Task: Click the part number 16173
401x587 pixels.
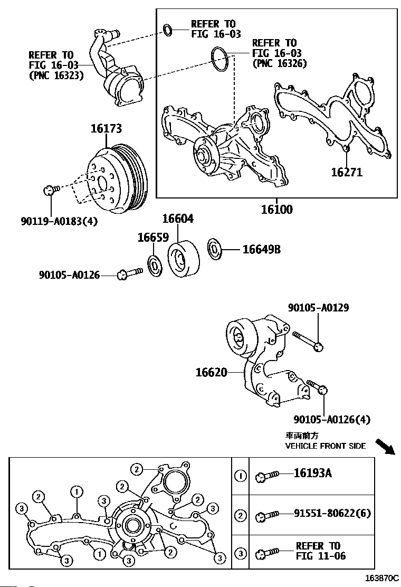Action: [x=106, y=129]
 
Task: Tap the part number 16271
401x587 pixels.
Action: [x=347, y=172]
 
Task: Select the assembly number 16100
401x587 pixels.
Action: [x=277, y=209]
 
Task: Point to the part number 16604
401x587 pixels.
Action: [x=178, y=219]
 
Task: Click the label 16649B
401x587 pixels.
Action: [x=262, y=249]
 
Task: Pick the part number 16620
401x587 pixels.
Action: [x=212, y=373]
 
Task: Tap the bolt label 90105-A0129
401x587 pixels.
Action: [x=318, y=308]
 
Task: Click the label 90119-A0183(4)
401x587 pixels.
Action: [x=59, y=222]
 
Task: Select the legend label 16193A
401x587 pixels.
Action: [x=313, y=473]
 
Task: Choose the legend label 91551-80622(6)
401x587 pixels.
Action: [x=332, y=513]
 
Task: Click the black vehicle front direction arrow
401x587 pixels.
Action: [x=385, y=447]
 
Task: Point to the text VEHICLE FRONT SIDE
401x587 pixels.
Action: [x=326, y=446]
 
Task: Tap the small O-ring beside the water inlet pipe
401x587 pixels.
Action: [x=168, y=30]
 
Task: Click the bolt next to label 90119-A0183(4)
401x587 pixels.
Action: [x=51, y=190]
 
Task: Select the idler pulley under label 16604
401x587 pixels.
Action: [x=183, y=259]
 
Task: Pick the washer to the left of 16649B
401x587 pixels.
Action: [x=214, y=248]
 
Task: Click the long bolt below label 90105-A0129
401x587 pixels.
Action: [x=308, y=341]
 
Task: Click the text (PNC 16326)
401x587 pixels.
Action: [x=280, y=63]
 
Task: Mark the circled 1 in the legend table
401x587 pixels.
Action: [x=240, y=476]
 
